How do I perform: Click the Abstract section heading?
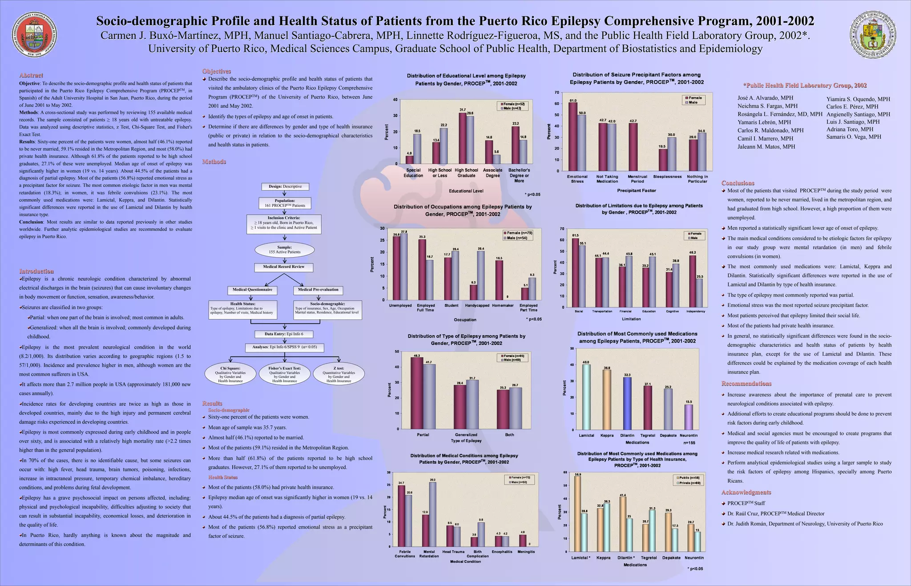point(31,75)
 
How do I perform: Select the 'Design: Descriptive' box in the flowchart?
point(285,186)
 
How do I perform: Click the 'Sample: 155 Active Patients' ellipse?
point(285,250)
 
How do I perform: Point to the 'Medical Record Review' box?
point(284,267)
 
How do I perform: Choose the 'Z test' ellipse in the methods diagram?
point(339,374)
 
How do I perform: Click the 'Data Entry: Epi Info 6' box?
point(284,334)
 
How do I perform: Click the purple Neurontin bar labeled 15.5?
point(689,417)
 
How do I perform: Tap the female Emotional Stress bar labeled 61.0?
point(573,137)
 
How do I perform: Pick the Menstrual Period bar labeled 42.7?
point(633,147)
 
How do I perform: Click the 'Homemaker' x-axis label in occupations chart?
point(503,306)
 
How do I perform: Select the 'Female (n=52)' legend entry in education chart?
point(512,104)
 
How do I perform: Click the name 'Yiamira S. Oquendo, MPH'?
point(858,99)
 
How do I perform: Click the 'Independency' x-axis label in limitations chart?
point(696,311)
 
